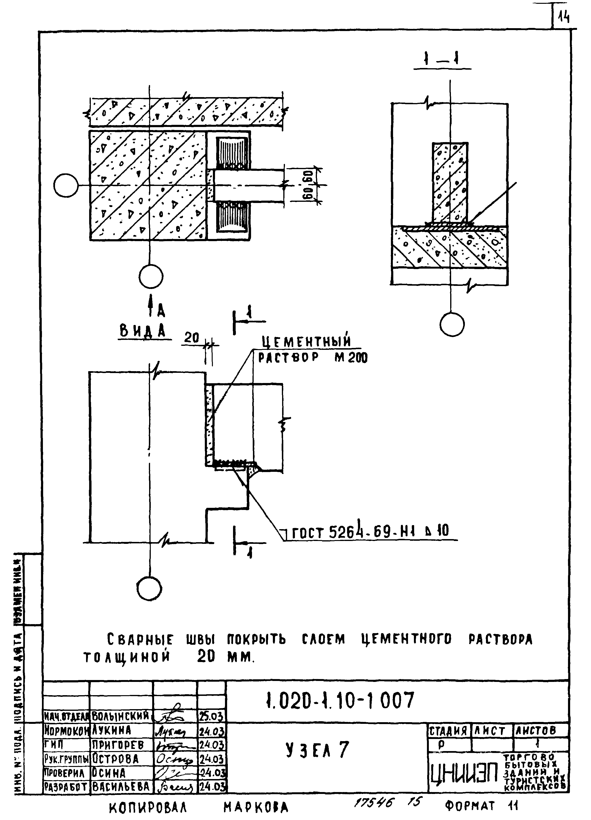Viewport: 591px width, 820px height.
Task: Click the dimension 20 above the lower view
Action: [192, 338]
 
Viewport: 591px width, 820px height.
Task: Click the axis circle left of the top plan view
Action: [66, 186]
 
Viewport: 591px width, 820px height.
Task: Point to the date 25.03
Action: [211, 716]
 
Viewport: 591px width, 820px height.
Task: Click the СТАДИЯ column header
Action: [449, 731]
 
